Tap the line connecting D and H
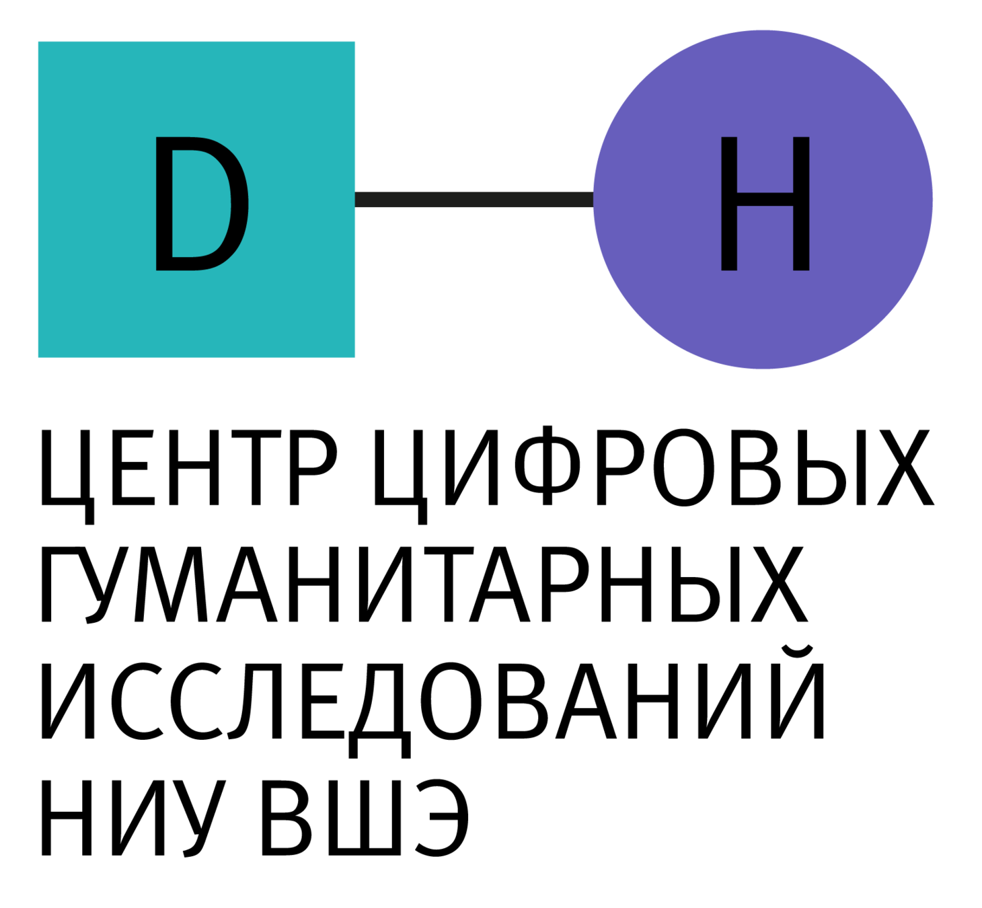point(474,200)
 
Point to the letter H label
point(765,203)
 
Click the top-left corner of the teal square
point(38,42)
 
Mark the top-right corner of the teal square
point(354,42)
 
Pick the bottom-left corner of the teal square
point(38,357)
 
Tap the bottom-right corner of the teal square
point(354,357)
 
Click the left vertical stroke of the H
point(729,203)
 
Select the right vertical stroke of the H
point(801,203)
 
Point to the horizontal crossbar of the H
point(765,200)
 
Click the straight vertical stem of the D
point(163,203)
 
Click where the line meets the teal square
point(356,200)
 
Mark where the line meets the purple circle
point(593,200)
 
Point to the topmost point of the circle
point(763,30)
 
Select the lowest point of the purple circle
point(763,369)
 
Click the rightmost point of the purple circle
point(932,199)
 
